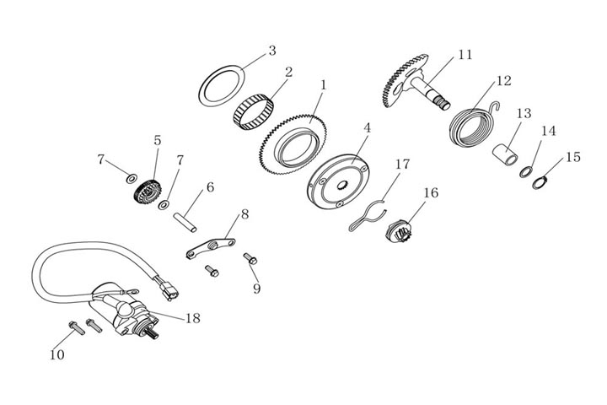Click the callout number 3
tap(271, 51)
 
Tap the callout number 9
tap(256, 288)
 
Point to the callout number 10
tap(56, 354)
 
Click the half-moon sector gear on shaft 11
tap(403, 80)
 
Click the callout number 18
tap(192, 318)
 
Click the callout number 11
tap(465, 55)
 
